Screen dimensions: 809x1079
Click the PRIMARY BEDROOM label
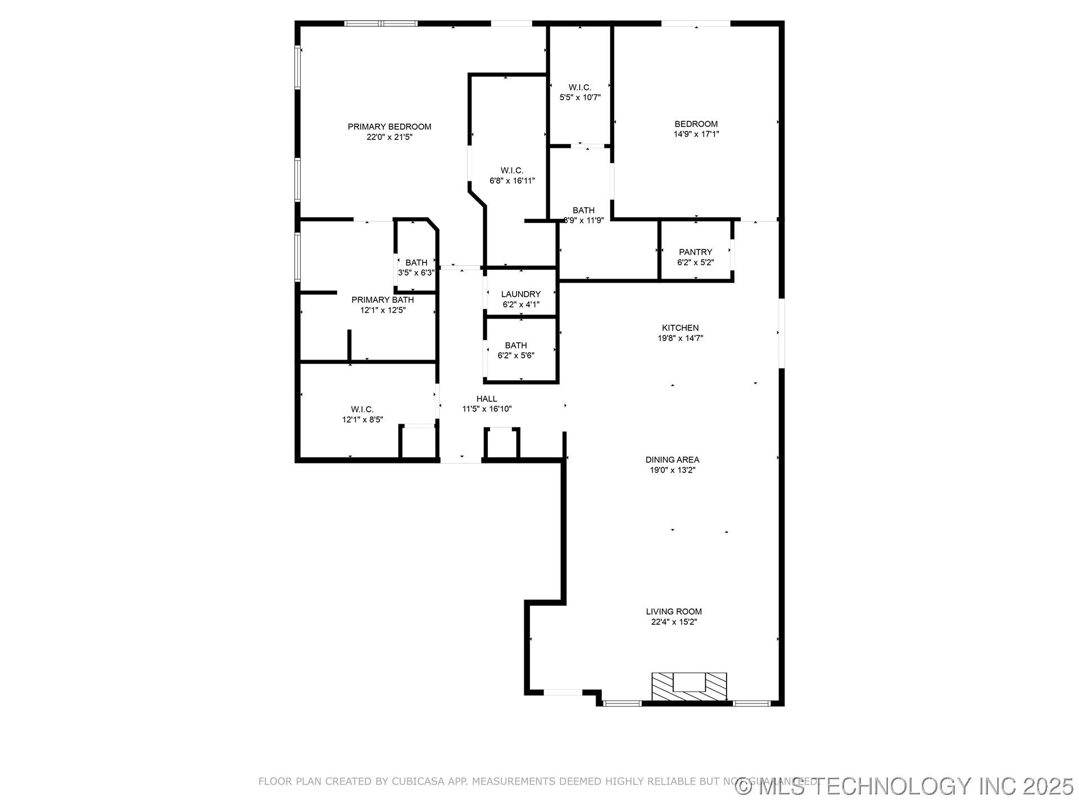[x=389, y=127]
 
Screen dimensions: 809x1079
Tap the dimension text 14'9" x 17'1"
[x=696, y=134]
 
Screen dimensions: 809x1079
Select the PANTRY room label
[x=695, y=252]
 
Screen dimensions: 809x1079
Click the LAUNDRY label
[x=520, y=294]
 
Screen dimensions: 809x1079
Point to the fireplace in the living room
[x=688, y=686]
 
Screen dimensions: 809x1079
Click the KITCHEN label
[x=680, y=328]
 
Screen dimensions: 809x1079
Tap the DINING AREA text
[x=672, y=460]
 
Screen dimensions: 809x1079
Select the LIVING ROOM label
[x=673, y=612]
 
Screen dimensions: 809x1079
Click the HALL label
[x=486, y=399]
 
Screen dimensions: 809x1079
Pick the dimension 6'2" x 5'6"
[x=515, y=356]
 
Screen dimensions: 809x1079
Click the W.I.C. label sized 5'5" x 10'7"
[x=579, y=88]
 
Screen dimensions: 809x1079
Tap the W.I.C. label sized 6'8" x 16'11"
[x=511, y=171]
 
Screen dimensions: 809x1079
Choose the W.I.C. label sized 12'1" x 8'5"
[x=362, y=410]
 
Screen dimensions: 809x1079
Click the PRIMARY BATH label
[x=382, y=300]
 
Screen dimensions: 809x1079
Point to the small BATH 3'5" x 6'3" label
[x=416, y=263]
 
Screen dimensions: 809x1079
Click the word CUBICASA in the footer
[x=418, y=781]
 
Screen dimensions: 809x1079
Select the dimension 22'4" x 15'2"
[x=673, y=622]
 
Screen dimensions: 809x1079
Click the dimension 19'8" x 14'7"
[x=680, y=338]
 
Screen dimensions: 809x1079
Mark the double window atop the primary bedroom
[x=381, y=24]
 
